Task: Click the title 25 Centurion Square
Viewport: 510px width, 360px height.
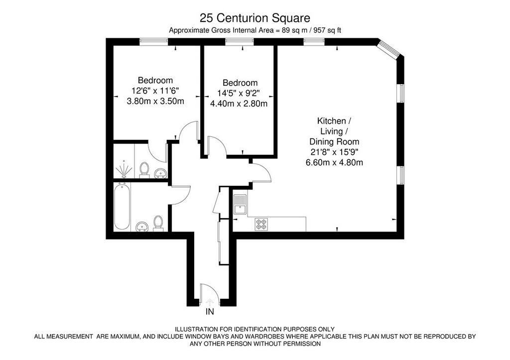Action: tap(255, 18)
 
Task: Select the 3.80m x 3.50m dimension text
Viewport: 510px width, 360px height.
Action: tap(155, 101)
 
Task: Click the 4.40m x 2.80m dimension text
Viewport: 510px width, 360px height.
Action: tap(239, 104)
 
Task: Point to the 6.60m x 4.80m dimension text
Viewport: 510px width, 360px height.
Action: tap(334, 162)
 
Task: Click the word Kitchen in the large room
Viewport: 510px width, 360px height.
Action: tap(332, 121)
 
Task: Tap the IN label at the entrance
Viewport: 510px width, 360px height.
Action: tap(210, 312)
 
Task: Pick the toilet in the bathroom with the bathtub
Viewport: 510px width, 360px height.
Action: tap(158, 224)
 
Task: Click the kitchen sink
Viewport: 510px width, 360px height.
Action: tap(241, 204)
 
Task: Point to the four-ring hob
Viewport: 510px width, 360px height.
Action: tap(261, 224)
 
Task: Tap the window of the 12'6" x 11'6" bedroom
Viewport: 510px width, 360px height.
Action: tap(153, 42)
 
